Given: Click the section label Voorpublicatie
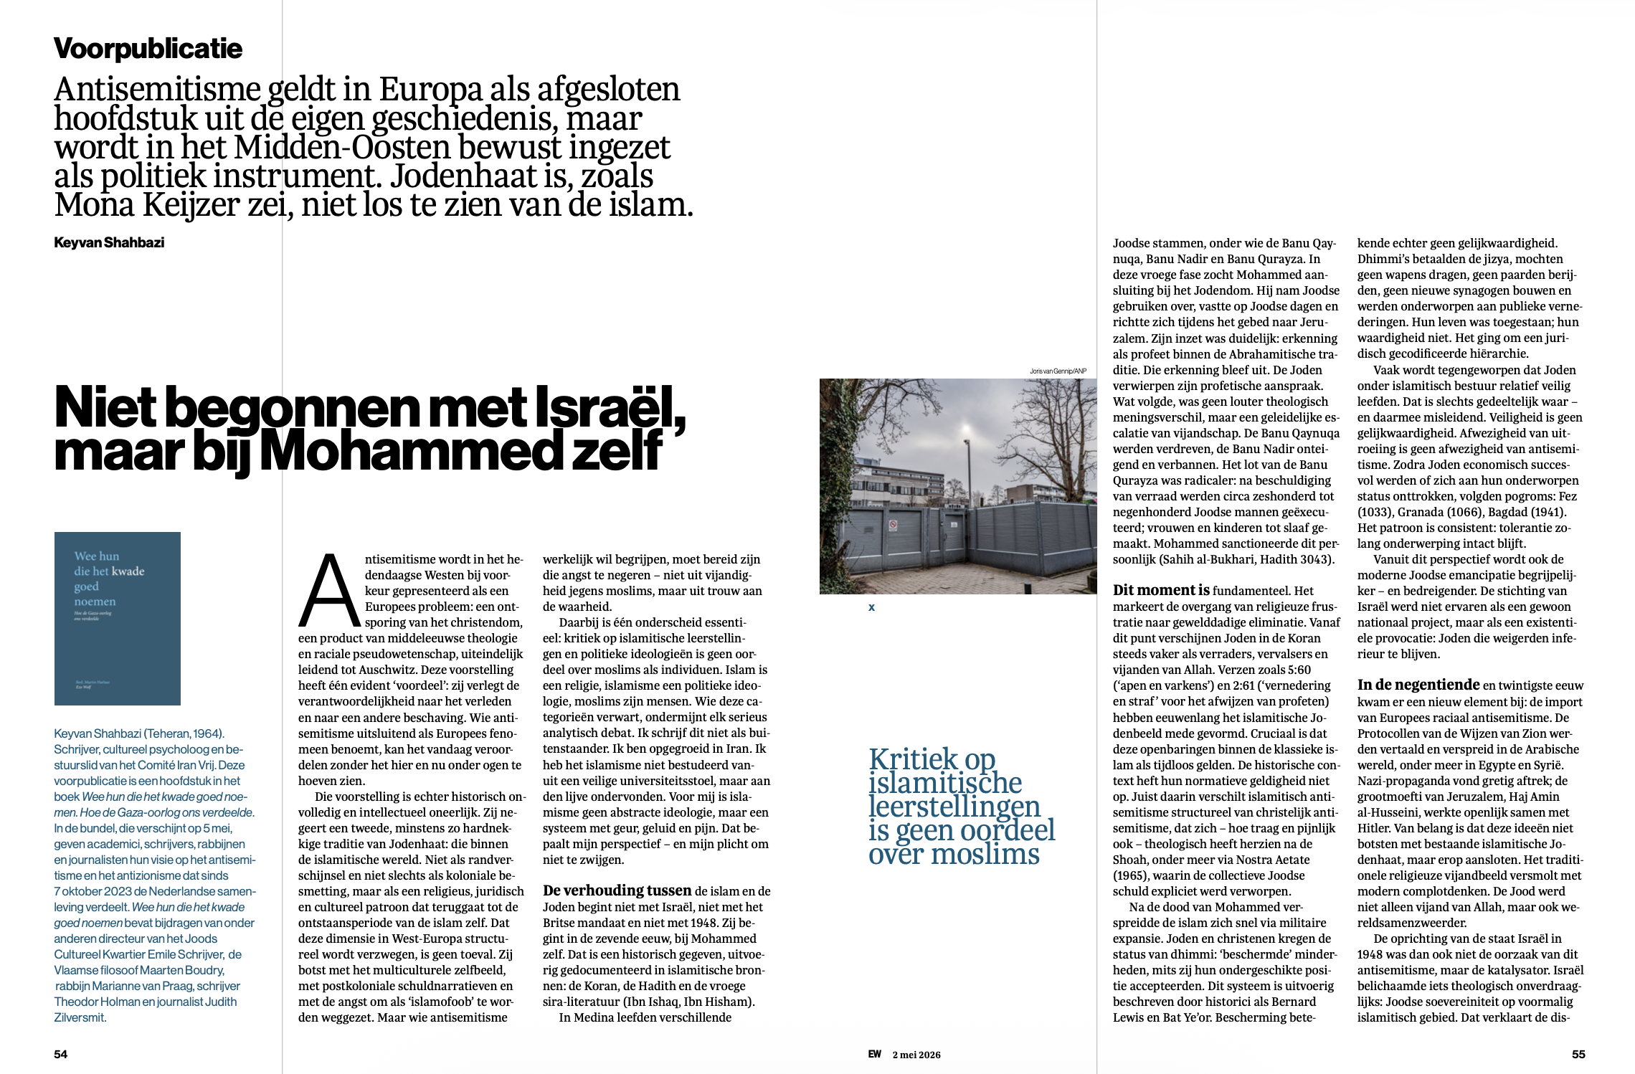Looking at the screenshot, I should [148, 49].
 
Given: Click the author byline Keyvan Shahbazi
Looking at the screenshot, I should [109, 242].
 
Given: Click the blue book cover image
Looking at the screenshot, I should [118, 618].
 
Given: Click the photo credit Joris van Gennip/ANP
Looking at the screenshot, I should [1058, 371].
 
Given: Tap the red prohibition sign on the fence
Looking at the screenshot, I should [894, 526].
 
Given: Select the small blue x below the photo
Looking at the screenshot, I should [871, 607].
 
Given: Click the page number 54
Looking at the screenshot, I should [61, 1054].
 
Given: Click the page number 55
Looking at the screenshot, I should [1578, 1054].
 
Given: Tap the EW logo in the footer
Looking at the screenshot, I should [874, 1054].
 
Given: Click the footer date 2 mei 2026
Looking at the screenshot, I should [916, 1055].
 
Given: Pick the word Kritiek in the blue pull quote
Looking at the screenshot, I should [913, 759].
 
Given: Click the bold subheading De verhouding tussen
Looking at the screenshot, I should [617, 890].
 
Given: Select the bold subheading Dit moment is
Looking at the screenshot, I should [1160, 590].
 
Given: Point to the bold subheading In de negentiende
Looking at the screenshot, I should [1418, 685].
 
